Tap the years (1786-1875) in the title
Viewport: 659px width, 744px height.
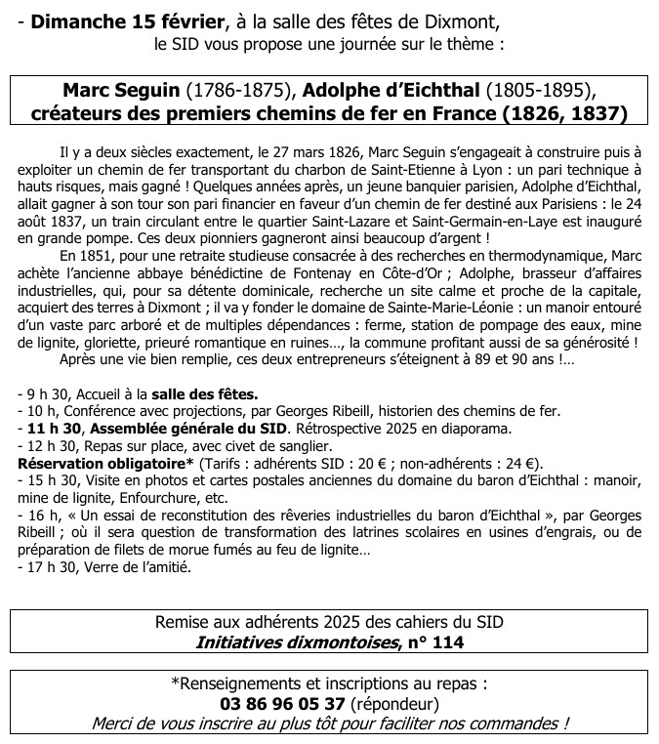click(x=242, y=90)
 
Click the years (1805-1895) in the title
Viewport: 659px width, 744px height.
click(x=541, y=90)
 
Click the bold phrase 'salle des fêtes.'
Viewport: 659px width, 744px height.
click(x=204, y=394)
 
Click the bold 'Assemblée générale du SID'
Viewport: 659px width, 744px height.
click(x=192, y=429)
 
